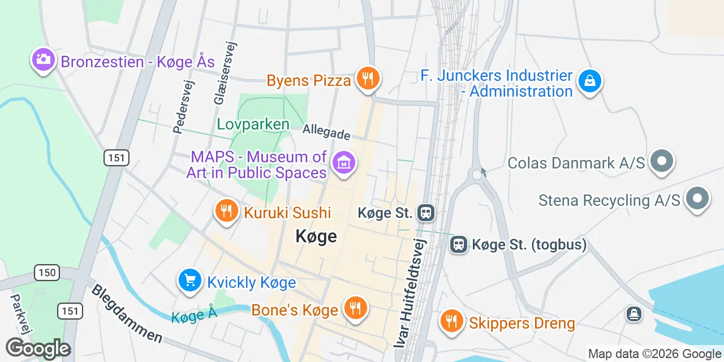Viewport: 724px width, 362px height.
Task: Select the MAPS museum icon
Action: click(x=343, y=163)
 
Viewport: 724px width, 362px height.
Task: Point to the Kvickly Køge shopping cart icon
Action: click(x=189, y=281)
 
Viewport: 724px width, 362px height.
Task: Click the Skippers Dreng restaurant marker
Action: click(x=451, y=322)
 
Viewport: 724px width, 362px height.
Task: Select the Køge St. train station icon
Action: click(x=426, y=213)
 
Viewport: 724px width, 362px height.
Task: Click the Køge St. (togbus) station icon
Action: click(x=458, y=244)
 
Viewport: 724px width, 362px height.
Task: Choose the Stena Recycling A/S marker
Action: click(x=697, y=199)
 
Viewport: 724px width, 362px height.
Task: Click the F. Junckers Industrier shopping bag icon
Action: click(x=589, y=82)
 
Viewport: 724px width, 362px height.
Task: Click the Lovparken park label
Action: click(x=253, y=124)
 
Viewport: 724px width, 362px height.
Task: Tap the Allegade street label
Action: click(x=326, y=132)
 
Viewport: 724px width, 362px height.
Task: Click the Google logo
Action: click(x=38, y=348)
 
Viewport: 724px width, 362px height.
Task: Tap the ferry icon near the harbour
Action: click(x=634, y=313)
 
